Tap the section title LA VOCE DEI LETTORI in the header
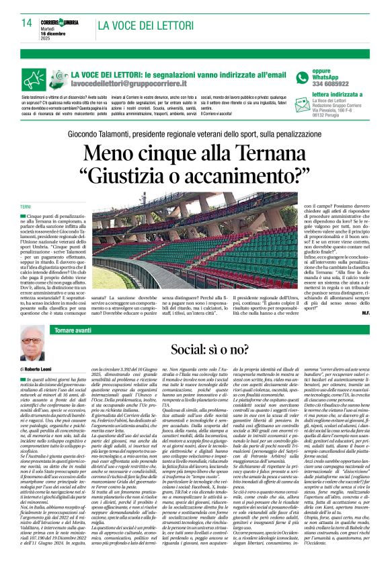pos(146,26)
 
